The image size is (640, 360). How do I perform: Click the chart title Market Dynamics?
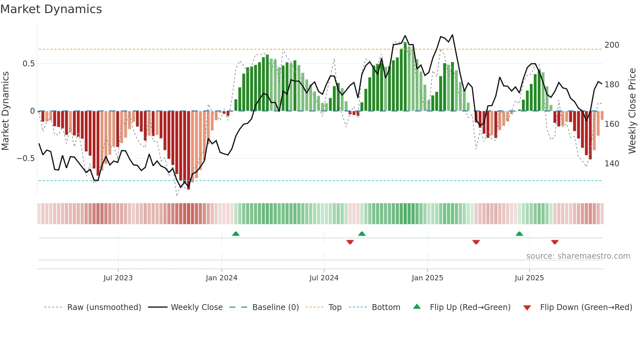(x=51, y=9)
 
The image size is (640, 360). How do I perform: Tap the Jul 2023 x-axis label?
(x=118, y=278)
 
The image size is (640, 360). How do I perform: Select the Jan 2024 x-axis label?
(x=221, y=278)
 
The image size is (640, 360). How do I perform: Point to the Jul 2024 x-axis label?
(x=324, y=278)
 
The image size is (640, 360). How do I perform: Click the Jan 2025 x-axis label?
(x=427, y=278)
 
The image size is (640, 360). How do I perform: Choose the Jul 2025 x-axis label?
(x=529, y=278)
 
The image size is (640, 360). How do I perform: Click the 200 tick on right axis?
(x=612, y=45)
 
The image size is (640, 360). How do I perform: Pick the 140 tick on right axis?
(x=612, y=164)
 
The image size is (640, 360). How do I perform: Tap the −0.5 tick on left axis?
(x=25, y=158)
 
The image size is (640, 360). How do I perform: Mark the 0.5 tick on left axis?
(x=28, y=64)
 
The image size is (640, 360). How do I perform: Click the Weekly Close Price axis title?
(x=632, y=111)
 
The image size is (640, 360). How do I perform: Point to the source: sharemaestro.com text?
(x=578, y=256)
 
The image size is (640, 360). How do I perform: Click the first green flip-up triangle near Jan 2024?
(x=236, y=234)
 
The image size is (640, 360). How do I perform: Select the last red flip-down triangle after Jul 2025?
(x=555, y=242)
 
